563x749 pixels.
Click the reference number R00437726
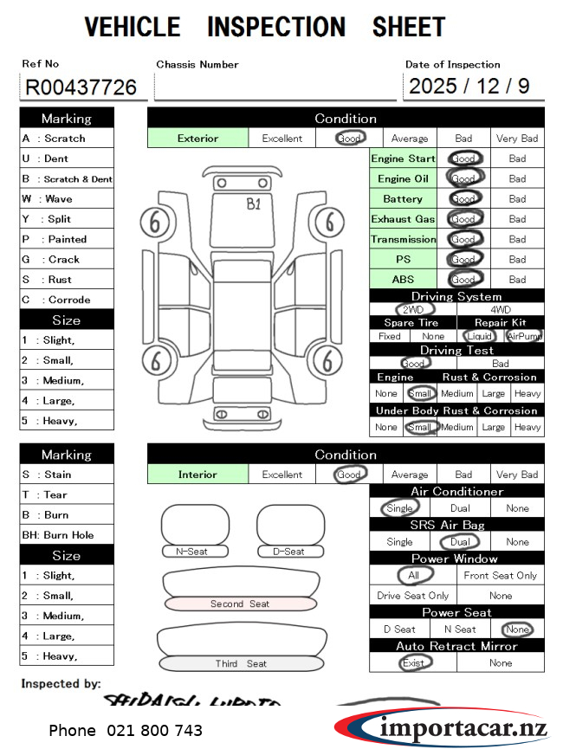(81, 87)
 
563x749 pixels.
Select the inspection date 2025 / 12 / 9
(469, 87)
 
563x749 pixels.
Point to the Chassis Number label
(197, 64)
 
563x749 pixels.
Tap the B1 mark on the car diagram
(254, 204)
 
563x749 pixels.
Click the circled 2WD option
(413, 309)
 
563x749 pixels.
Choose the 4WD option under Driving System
(501, 309)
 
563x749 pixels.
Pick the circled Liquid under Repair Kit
(479, 336)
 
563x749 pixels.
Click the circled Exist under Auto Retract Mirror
(413, 662)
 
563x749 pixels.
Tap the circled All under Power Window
(413, 575)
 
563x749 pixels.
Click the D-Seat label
(289, 552)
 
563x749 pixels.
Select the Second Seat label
(240, 604)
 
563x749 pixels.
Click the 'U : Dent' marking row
(66, 158)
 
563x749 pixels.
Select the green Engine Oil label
(403, 178)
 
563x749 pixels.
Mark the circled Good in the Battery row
(464, 198)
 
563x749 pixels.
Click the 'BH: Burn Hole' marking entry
(66, 535)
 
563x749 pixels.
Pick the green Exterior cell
(198, 138)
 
